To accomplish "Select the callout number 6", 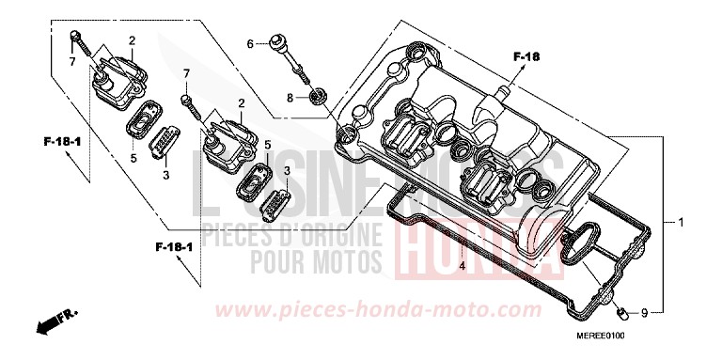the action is pos(251,43).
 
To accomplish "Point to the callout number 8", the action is pos(291,98).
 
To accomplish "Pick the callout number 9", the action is pos(644,312).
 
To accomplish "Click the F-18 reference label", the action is pos(527,58).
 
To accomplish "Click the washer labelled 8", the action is pos(317,97).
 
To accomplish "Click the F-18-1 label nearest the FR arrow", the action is pos(174,246).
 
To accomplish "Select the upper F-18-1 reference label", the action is pos(62,141).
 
